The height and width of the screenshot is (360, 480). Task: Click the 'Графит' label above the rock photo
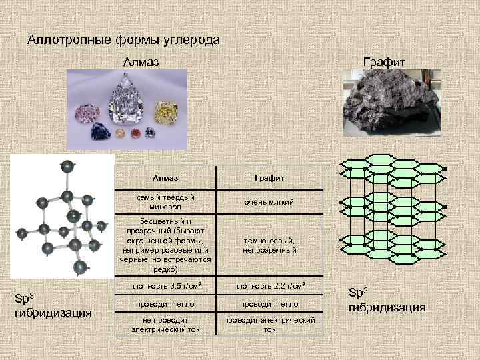tap(383, 62)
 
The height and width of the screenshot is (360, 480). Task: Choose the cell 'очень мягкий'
tap(269, 201)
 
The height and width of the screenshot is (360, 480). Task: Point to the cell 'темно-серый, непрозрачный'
tap(269, 245)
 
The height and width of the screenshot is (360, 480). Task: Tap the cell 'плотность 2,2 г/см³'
tap(269, 286)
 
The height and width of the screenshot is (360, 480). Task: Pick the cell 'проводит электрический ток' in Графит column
tap(269, 324)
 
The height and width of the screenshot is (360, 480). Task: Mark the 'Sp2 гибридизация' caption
tap(387, 300)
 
